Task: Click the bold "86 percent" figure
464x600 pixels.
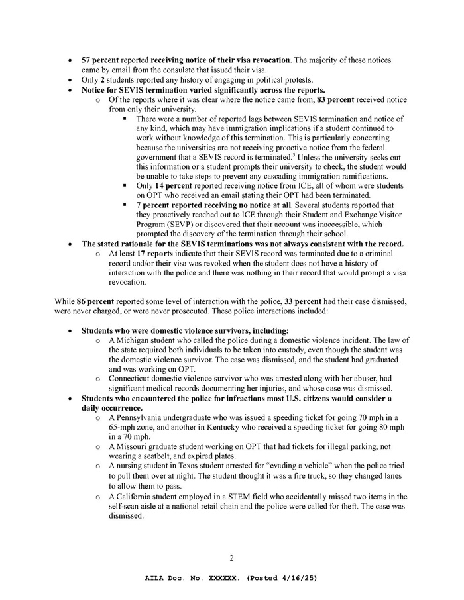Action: (88, 301)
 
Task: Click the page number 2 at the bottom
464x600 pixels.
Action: (231, 558)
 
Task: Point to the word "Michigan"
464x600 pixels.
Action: (133, 340)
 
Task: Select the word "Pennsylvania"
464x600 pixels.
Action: (141, 417)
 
